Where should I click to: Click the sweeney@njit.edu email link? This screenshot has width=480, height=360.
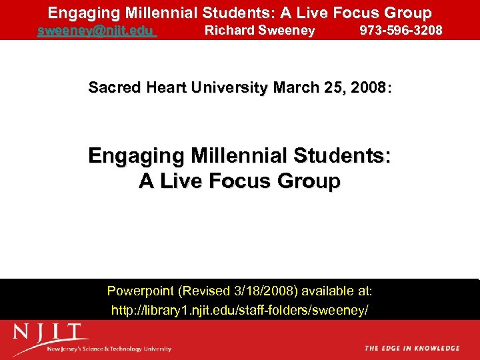(97, 31)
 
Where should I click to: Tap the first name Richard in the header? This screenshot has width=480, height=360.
(227, 31)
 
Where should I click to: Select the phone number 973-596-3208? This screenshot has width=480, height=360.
(401, 31)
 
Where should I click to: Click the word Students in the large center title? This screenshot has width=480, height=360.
(347, 157)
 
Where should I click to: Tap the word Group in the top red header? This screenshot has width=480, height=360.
(406, 13)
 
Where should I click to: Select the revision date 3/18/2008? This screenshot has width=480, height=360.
(265, 291)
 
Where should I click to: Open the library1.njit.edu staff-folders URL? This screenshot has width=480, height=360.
(239, 311)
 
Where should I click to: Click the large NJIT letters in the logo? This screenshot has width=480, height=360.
(51, 333)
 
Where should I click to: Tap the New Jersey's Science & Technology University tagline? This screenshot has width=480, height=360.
(109, 349)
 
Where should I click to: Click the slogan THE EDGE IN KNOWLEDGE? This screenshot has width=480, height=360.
(412, 348)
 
